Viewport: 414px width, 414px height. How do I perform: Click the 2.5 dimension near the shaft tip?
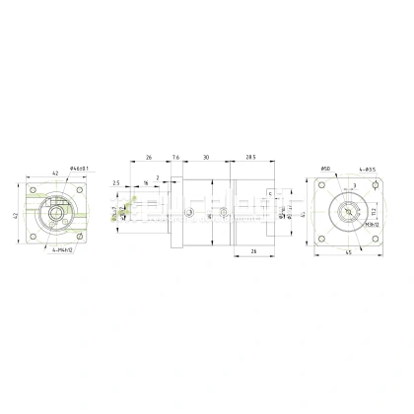116,182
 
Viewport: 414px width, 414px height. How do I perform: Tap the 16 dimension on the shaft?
144,183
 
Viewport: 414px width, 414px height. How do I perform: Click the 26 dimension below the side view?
254,251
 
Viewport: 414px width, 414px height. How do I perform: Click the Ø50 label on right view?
325,169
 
